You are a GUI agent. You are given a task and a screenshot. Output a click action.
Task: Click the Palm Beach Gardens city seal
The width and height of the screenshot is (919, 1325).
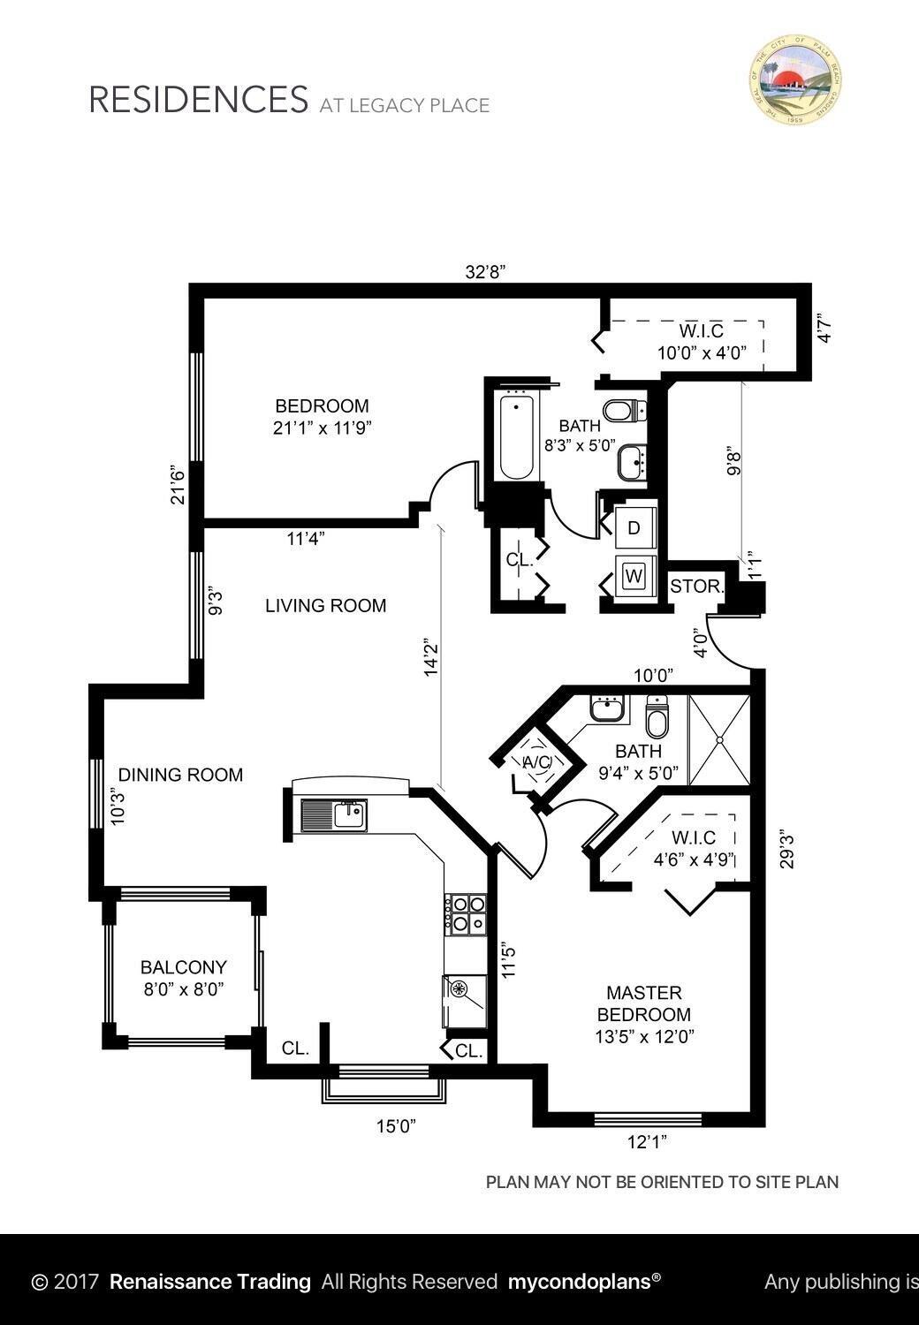tap(795, 79)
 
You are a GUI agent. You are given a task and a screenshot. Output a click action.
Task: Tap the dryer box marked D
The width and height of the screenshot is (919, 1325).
tap(634, 528)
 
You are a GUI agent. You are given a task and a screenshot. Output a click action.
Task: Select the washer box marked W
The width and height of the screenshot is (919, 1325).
tap(634, 576)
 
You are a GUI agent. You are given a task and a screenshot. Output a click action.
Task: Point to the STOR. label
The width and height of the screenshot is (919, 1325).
tap(697, 587)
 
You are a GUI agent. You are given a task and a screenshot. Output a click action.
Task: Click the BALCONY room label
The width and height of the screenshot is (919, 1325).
tap(184, 967)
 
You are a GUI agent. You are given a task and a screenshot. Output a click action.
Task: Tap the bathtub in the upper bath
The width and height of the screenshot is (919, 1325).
tap(516, 437)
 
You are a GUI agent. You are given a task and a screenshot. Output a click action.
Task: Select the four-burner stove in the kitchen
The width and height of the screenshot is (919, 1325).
tap(466, 914)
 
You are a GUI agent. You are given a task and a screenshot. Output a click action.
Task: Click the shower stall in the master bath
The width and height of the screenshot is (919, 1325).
tap(719, 740)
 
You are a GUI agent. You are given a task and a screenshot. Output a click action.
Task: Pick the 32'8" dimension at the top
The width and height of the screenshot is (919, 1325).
tap(485, 273)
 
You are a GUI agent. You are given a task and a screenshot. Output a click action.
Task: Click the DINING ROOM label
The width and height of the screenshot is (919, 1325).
tap(180, 775)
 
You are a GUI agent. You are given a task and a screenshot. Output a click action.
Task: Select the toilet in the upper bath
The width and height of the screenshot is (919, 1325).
tap(625, 411)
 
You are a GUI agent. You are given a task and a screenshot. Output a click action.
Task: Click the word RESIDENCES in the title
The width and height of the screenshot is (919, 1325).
tap(198, 100)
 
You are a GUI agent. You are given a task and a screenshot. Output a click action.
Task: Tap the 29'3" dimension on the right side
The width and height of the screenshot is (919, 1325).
tap(787, 848)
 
